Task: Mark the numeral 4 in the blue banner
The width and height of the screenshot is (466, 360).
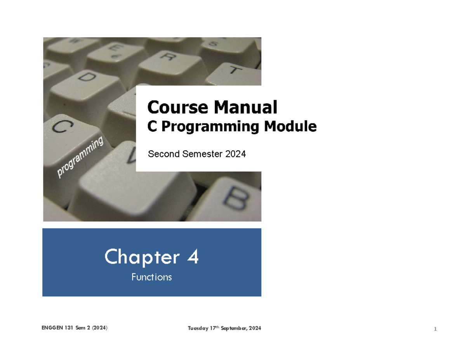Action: pos(192,257)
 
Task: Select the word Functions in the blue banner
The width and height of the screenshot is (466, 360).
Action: pos(151,277)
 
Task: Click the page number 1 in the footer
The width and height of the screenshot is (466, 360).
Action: pos(435,330)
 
